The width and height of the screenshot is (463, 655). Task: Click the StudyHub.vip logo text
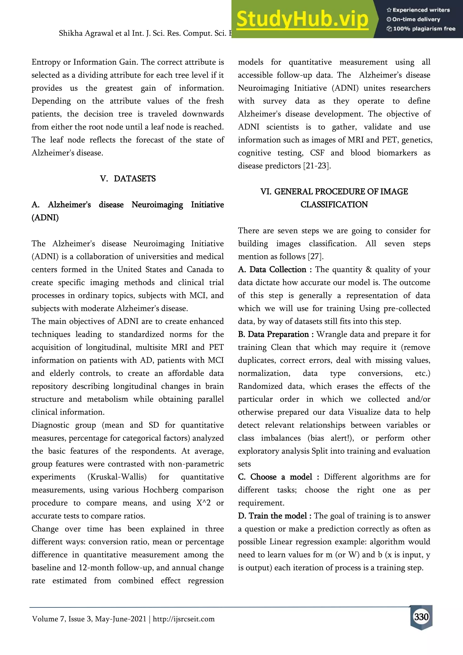coord(302,19)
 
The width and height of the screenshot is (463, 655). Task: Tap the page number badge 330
coord(421,617)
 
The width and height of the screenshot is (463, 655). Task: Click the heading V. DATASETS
coord(128,179)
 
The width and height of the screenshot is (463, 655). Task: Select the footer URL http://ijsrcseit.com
coord(184,619)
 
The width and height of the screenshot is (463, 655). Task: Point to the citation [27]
coord(315,256)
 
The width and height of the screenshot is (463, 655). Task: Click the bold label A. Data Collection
coord(272,270)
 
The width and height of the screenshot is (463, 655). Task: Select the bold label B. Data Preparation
coord(273,334)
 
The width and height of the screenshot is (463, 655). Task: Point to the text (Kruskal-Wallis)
coord(117,477)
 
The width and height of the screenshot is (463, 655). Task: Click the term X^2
coord(203,503)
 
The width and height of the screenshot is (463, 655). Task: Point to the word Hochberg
coord(161,490)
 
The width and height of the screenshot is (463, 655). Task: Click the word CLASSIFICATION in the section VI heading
coord(334,204)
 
